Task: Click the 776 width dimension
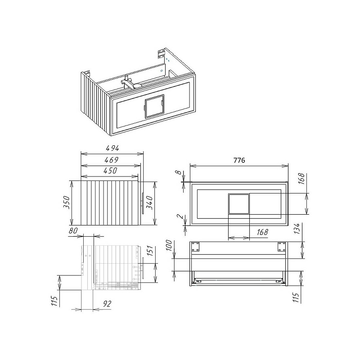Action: [239, 160]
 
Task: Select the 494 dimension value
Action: [112, 148]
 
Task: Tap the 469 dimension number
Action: [111, 160]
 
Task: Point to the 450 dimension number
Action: [110, 171]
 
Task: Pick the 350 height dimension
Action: [66, 202]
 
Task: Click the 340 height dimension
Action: [149, 202]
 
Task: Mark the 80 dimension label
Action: [73, 230]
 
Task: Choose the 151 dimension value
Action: [149, 251]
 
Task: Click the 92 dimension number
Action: [107, 304]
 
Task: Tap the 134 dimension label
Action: [297, 229]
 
